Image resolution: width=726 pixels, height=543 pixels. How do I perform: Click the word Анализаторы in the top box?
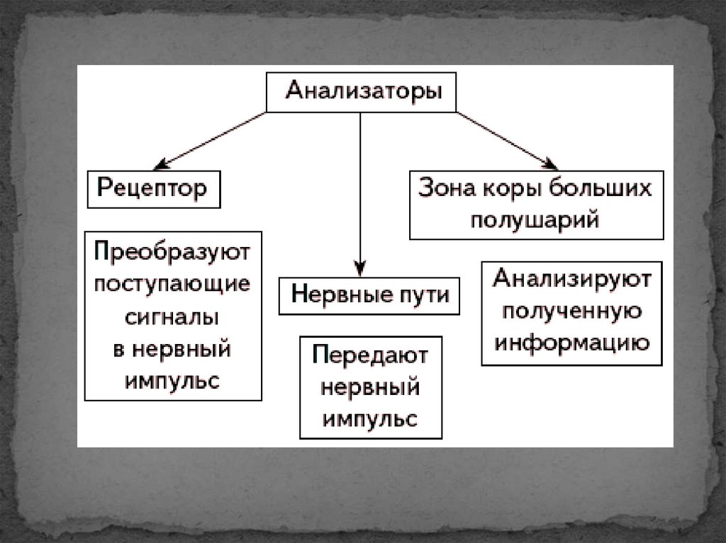point(363,92)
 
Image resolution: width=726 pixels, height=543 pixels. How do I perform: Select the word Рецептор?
point(152,188)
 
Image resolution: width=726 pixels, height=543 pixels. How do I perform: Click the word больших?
point(608,190)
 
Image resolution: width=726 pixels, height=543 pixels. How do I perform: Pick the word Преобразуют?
point(173,252)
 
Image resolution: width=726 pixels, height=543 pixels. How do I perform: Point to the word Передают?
point(370,355)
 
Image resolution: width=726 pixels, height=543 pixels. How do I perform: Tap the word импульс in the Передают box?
point(370,418)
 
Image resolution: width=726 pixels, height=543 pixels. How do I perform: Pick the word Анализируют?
point(572,278)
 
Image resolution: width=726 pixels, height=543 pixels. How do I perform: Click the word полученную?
point(572,311)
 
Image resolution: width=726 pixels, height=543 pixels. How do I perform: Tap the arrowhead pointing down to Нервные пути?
point(360,269)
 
